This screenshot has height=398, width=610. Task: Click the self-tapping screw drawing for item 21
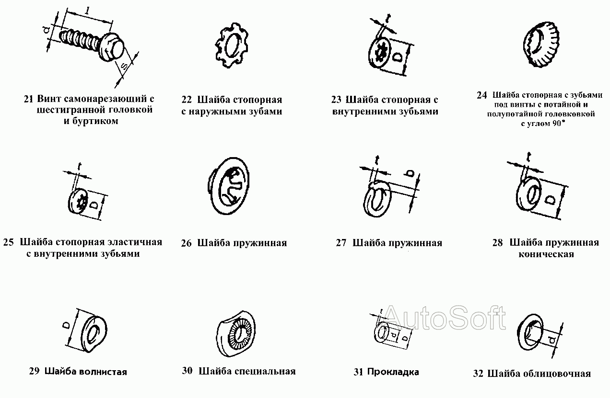pos(91,43)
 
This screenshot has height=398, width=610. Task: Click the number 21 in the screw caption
pos(28,100)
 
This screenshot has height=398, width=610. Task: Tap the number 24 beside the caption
pos(482,95)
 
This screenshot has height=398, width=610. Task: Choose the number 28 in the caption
pos(497,243)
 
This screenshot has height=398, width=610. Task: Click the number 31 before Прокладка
pos(358,372)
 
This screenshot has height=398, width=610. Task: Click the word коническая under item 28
pos(546,254)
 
